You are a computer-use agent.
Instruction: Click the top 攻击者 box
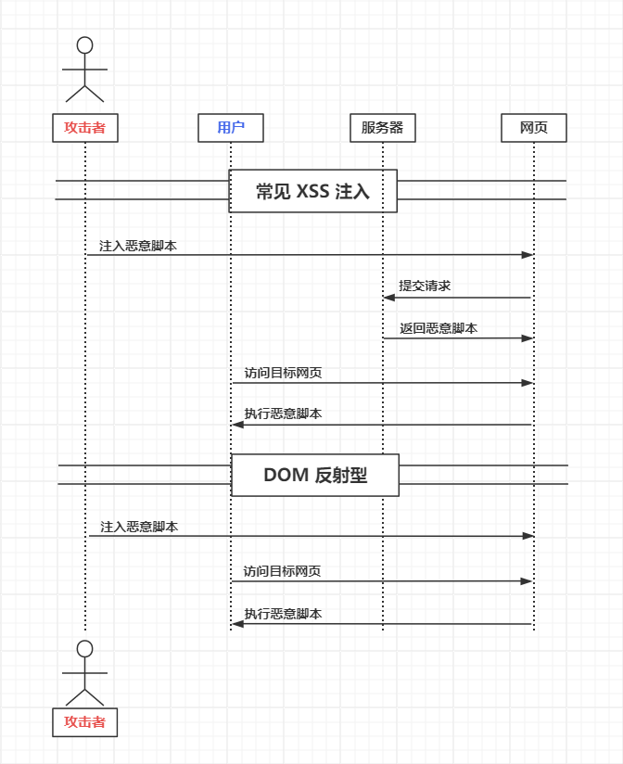85,128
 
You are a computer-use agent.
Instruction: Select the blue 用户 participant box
231,128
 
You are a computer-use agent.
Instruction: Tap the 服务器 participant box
383,128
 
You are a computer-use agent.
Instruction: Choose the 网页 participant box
534,128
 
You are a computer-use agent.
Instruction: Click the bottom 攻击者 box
85,722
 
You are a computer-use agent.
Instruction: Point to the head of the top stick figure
85,45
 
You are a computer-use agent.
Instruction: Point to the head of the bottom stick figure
85,648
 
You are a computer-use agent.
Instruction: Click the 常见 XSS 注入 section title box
313,191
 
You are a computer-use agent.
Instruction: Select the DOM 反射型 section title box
315,475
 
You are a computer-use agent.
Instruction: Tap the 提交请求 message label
425,286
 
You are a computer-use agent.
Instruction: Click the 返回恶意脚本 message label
439,328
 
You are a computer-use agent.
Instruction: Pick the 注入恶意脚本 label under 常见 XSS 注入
138,246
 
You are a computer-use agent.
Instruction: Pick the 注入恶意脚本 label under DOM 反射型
139,527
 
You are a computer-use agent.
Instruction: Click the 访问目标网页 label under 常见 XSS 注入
283,373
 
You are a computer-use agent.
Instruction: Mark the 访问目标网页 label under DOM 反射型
282,571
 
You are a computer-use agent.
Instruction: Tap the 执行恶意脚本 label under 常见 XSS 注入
283,414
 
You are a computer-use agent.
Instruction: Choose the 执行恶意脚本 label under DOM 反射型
283,614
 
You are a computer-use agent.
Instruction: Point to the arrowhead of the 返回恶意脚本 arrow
528,337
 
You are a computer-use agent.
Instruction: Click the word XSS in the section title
312,192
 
